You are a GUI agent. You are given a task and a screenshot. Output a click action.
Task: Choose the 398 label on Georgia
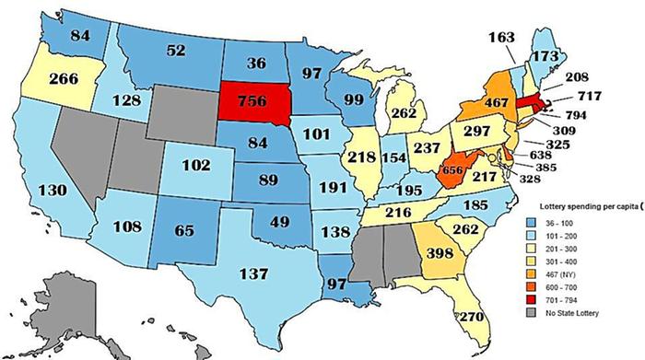click(442, 252)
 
